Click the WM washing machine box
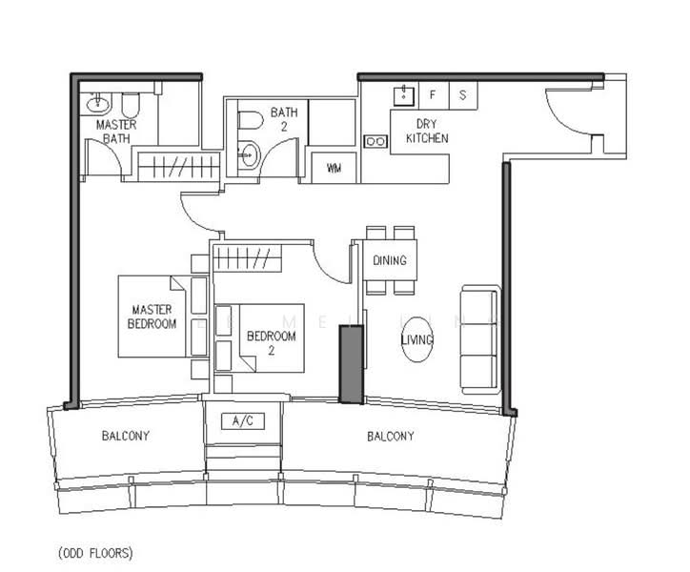pos(334,168)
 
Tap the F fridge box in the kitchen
pos(433,95)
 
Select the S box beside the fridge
pos(463,95)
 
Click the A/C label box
pos(243,421)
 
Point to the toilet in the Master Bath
pos(131,105)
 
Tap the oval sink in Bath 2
pos(250,154)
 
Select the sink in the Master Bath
pos(98,104)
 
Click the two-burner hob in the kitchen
pos(375,141)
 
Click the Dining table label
pos(390,260)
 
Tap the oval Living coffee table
pos(417,339)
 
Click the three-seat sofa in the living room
pos(480,339)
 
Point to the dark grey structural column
pos(351,364)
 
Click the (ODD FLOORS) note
pos(95,553)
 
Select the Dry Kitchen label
pos(427,132)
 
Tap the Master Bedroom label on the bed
pos(152,317)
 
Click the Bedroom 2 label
pos(271,343)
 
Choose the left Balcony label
pos(126,436)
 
